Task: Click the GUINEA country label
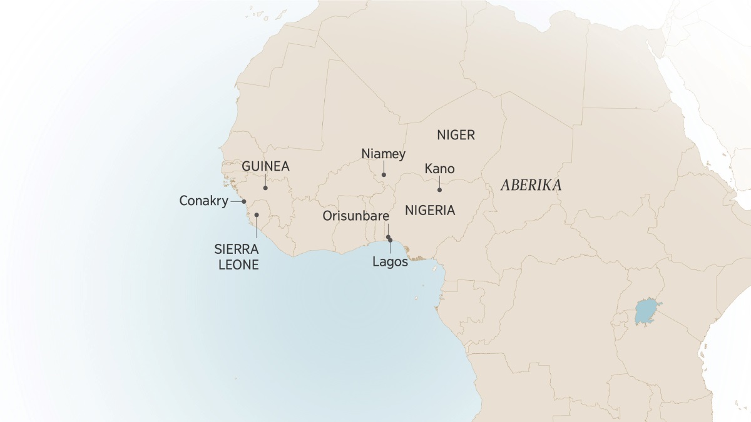click(265, 167)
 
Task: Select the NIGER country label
click(456, 135)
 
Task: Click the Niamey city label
click(384, 154)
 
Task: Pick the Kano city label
click(439, 169)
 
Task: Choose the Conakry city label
click(203, 201)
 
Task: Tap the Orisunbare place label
click(356, 216)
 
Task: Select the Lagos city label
click(390, 262)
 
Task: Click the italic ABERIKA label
click(531, 186)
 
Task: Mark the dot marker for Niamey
click(384, 175)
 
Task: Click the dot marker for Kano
click(439, 189)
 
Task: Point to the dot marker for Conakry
click(244, 201)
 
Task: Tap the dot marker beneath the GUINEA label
click(265, 188)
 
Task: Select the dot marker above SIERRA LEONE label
click(257, 214)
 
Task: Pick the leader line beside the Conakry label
click(236, 201)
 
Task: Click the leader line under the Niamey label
click(384, 168)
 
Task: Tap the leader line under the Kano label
click(439, 183)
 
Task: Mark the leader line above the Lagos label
click(390, 248)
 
